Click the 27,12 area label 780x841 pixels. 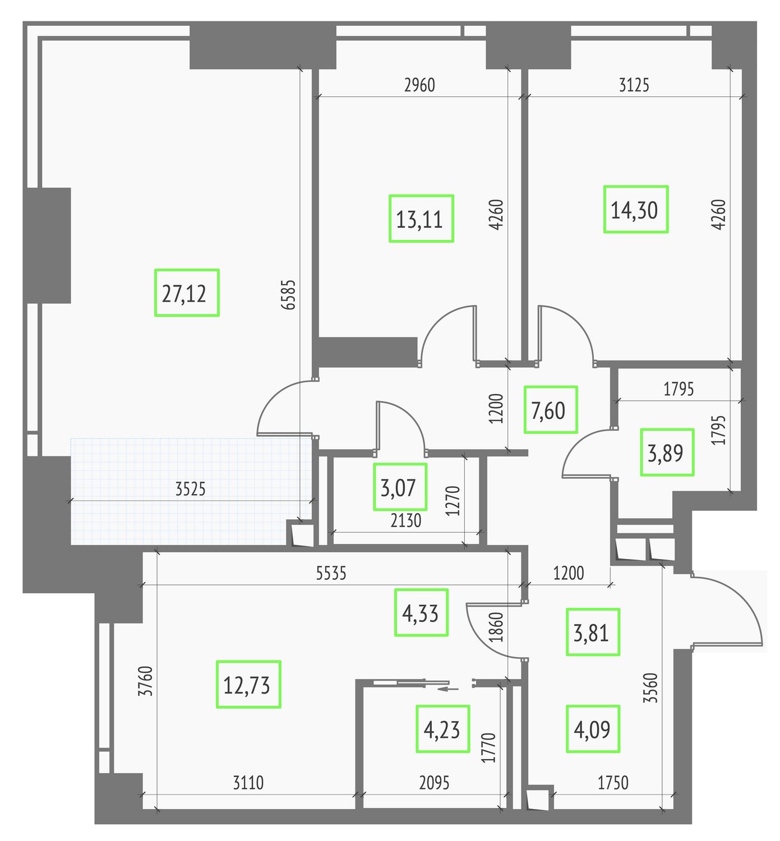pos(187,293)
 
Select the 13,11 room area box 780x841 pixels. pos(421,219)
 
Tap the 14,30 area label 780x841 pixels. pos(635,209)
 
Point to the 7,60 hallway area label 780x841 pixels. pos(550,409)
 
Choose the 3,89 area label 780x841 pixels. pos(667,452)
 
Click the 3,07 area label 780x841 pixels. pos(400,487)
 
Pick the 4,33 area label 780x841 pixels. pos(421,612)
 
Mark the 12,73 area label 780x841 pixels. pos(248,685)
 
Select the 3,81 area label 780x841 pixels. pos(593,632)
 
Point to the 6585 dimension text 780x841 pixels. pos(289,295)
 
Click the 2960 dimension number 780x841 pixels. pos(419,85)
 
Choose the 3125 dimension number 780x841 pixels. pos(634,85)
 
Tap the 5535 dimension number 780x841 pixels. pos(331,574)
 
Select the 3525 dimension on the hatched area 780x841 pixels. pos(190,489)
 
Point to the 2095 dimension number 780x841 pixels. pos(434,783)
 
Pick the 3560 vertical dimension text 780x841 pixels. pos(650,688)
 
